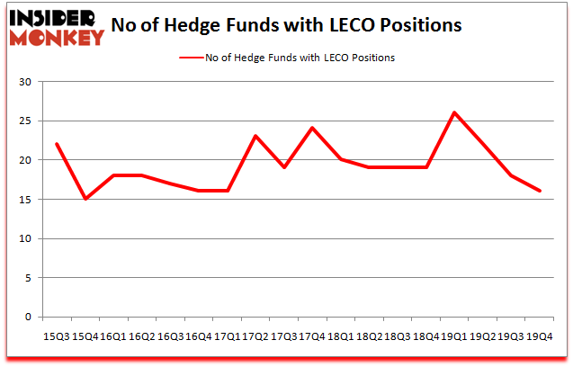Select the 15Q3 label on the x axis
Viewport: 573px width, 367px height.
57,335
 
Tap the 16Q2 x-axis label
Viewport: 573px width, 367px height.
142,335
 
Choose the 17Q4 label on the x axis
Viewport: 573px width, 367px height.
312,335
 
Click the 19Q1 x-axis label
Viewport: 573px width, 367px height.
454,335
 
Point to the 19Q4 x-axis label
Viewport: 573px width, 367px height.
540,335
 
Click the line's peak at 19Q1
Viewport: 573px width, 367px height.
454,112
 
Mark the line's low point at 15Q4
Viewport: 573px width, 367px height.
85,199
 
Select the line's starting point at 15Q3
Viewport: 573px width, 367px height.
57,144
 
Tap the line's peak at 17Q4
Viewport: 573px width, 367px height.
312,128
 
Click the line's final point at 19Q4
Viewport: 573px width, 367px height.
540,191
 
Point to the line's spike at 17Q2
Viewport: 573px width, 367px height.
255,136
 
